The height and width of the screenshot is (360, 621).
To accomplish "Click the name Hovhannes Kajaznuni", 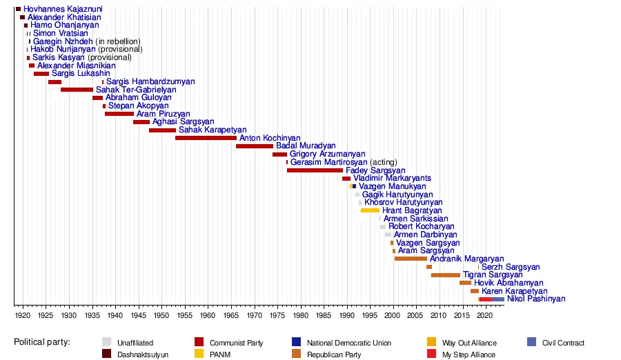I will click(59, 9).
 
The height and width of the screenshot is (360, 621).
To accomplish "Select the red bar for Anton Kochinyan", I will click(206, 138).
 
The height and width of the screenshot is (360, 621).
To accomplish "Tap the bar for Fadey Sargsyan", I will click(315, 170).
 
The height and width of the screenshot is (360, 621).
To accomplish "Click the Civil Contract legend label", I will click(563, 343).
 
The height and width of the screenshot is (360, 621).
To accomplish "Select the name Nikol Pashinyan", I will click(535, 299).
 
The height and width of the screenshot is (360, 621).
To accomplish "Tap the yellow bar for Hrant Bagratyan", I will click(370, 210).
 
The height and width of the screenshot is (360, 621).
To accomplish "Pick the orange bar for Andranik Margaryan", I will click(411, 259).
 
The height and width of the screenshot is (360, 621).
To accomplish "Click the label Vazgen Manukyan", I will click(393, 186).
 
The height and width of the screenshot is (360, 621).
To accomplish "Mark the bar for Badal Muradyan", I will click(255, 146).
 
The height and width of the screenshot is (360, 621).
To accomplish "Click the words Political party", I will click(47, 343).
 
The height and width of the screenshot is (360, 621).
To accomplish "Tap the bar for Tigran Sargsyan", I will click(446, 275).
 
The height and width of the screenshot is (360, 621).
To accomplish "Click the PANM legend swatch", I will click(201, 354).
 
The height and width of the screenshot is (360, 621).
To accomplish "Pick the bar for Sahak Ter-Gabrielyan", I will click(77, 90).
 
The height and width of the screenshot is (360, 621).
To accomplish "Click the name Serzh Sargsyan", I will click(511, 267).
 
